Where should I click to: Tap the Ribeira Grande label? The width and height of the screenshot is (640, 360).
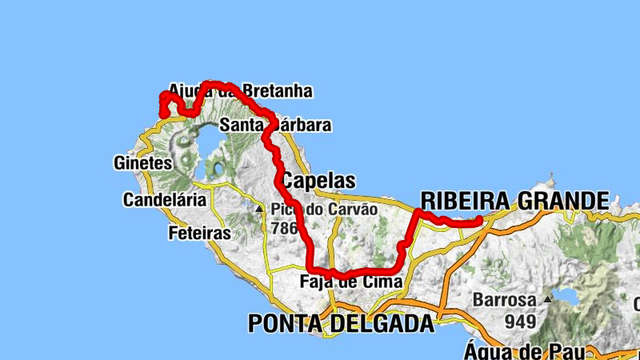click(514, 200)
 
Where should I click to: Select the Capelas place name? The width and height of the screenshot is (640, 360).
click(318, 180)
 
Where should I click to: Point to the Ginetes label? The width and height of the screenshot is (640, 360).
click(144, 163)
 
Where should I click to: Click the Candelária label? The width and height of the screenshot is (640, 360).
click(164, 200)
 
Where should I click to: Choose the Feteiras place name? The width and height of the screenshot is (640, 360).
click(200, 234)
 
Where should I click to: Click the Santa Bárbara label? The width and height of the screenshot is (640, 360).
click(275, 126)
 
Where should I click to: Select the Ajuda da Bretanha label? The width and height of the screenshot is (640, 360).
click(240, 91)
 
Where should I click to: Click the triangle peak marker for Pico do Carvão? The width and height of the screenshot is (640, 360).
click(259, 210)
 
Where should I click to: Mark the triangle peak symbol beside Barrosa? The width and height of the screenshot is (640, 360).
click(548, 299)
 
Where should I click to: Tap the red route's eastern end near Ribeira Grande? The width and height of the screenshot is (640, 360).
click(478, 219)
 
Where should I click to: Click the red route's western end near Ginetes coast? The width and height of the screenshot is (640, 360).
click(164, 115)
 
